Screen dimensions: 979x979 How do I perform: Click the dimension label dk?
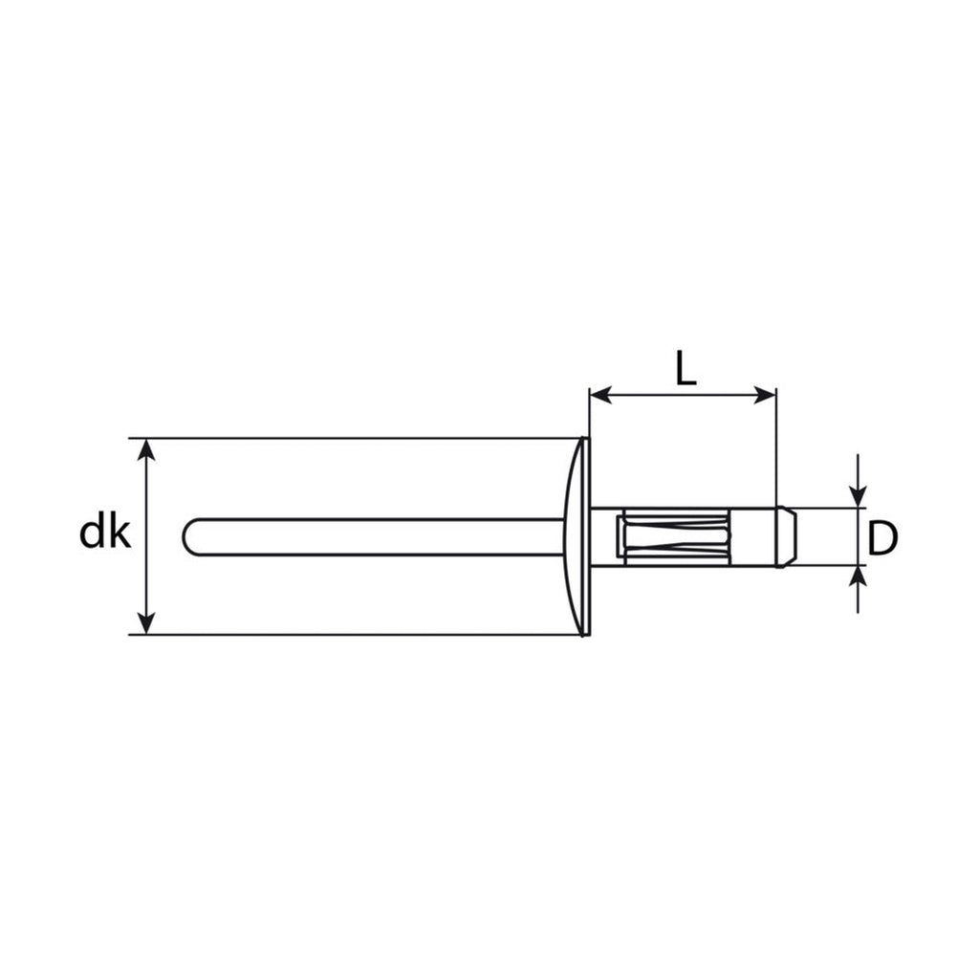(105, 533)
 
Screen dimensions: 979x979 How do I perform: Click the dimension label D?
(882, 539)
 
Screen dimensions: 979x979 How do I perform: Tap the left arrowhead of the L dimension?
(600, 395)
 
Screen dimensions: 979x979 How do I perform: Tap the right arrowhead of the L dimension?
(765, 395)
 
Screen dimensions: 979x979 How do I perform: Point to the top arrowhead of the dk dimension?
(145, 449)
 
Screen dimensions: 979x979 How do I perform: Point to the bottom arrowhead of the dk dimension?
(145, 623)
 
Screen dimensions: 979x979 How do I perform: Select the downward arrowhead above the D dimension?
(859, 497)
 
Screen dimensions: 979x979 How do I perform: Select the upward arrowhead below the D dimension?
(859, 577)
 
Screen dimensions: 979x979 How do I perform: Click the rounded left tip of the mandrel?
(186, 536)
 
